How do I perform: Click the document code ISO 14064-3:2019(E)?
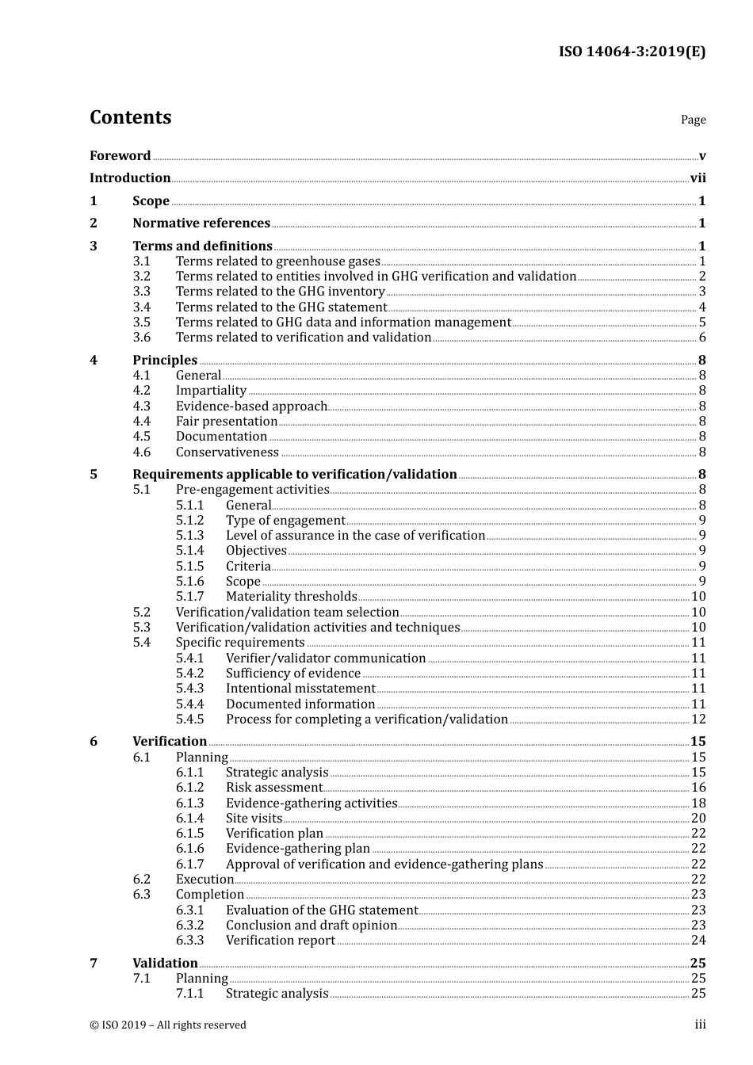click(x=632, y=52)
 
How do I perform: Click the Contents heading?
click(x=130, y=117)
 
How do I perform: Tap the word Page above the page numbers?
click(x=693, y=120)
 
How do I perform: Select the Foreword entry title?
click(x=120, y=156)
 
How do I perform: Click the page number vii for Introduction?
click(x=698, y=178)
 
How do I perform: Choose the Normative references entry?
click(x=201, y=223)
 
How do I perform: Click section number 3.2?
click(x=142, y=277)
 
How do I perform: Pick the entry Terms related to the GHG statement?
click(x=281, y=307)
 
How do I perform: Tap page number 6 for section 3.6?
click(x=702, y=338)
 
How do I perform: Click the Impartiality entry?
click(x=211, y=391)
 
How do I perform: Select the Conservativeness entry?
click(x=227, y=452)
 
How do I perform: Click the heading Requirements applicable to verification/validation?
click(x=295, y=475)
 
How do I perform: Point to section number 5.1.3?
click(x=190, y=536)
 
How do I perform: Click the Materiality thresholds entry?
click(x=291, y=597)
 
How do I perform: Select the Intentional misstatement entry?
click(x=300, y=689)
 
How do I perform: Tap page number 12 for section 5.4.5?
click(x=698, y=720)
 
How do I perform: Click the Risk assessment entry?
click(x=273, y=788)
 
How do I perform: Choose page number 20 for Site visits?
click(x=698, y=819)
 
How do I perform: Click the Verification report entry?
click(x=281, y=941)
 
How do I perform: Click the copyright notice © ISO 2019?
click(x=168, y=1025)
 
